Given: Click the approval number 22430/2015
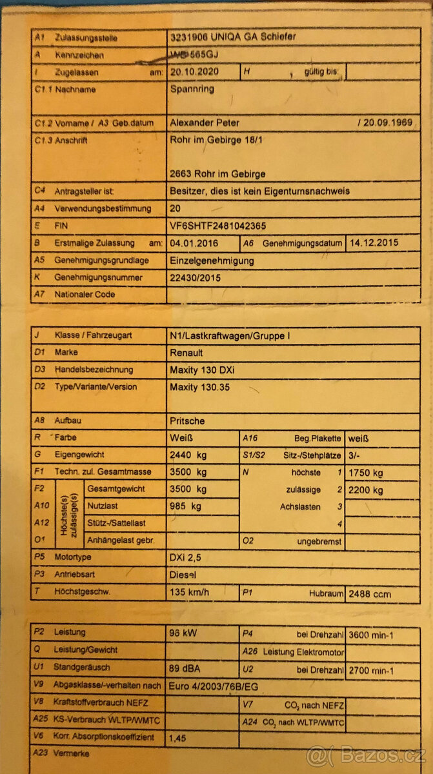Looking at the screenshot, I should click(x=194, y=277).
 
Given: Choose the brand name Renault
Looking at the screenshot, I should click(x=186, y=353).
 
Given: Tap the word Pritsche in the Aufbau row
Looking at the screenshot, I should click(x=187, y=421).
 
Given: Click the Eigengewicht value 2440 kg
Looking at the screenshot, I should click(x=188, y=455).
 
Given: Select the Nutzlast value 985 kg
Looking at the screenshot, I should click(x=185, y=506).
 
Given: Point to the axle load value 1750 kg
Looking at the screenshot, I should click(x=365, y=473).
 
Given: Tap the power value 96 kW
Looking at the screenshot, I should click(x=183, y=634).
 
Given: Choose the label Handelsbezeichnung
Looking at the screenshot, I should click(x=94, y=370).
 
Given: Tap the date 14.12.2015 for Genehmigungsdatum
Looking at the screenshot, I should click(x=374, y=243).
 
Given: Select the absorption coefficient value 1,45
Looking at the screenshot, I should click(x=178, y=737).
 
